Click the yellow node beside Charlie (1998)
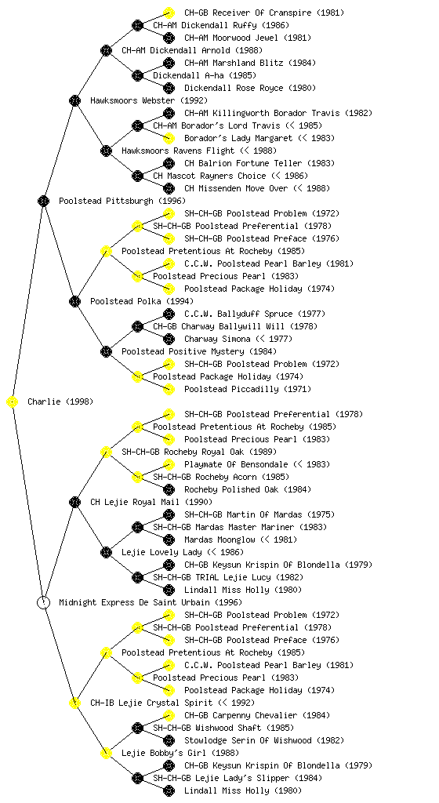pyautogui.click(x=13, y=402)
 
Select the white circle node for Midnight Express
pyautogui.click(x=43, y=603)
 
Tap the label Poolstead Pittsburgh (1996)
pyautogui.click(x=122, y=201)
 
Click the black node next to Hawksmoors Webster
pyautogui.click(x=74, y=100)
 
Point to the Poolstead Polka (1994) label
pyautogui.click(x=142, y=301)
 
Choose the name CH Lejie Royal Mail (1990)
pyautogui.click(x=151, y=502)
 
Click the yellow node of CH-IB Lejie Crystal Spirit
pyautogui.click(x=74, y=703)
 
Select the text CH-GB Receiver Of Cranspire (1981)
pyautogui.click(x=264, y=13)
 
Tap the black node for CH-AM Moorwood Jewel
pyautogui.click(x=169, y=38)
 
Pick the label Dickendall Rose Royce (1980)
pyautogui.click(x=250, y=88)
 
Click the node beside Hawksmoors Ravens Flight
pyautogui.click(x=106, y=151)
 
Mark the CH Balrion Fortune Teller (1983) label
pyautogui.click(x=259, y=163)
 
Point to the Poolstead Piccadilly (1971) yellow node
pyautogui.click(x=169, y=389)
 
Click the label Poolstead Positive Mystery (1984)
pyautogui.click(x=199, y=351)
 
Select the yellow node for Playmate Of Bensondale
pyautogui.click(x=169, y=464)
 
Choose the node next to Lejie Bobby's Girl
pyautogui.click(x=106, y=754)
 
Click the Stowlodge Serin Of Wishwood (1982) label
pyautogui.click(x=264, y=740)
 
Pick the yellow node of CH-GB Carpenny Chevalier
pyautogui.click(x=169, y=715)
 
